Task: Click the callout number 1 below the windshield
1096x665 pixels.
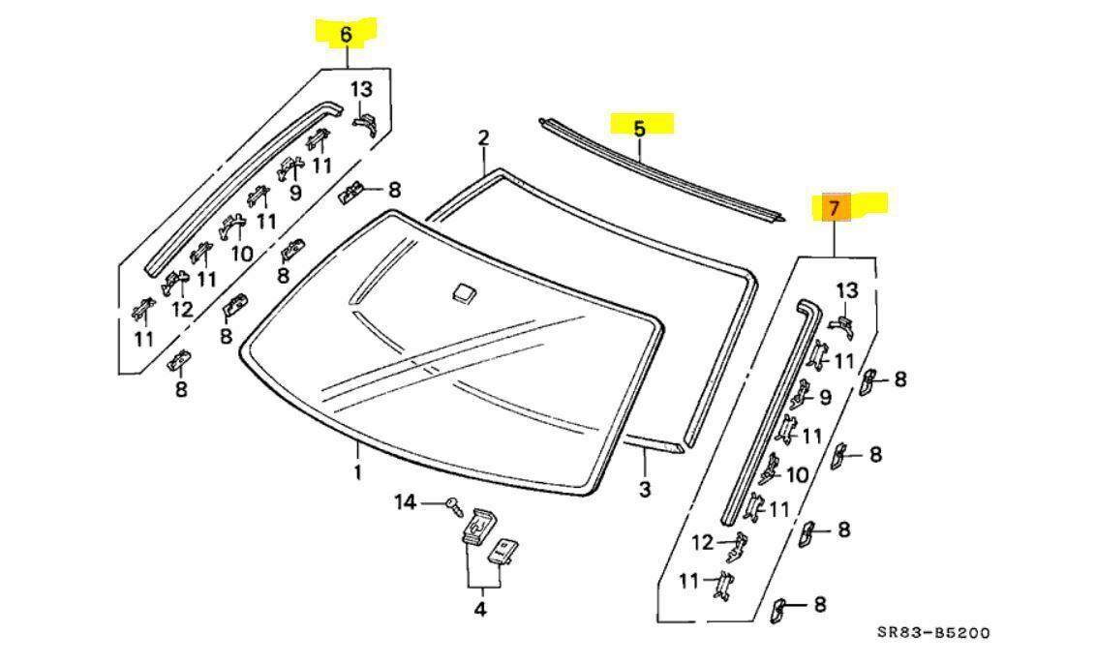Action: (x=357, y=472)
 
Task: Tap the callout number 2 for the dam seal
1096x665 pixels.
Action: (x=483, y=138)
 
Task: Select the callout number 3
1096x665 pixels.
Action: (x=645, y=489)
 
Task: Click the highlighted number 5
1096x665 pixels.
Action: (x=639, y=127)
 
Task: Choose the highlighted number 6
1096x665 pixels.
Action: (x=346, y=35)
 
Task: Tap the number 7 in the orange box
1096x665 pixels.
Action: (x=836, y=207)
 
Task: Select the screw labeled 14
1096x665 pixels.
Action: (x=453, y=502)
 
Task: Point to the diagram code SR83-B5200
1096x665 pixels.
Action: (x=933, y=633)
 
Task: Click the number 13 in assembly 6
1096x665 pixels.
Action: (x=361, y=89)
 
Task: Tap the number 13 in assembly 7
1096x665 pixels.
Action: (x=847, y=290)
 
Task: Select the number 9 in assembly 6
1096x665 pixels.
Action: (x=296, y=192)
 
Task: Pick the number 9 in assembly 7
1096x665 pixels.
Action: (x=825, y=397)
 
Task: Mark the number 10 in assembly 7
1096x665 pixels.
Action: (x=797, y=474)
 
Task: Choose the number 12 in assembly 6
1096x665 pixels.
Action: (x=182, y=310)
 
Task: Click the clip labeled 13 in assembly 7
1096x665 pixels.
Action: (x=842, y=324)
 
